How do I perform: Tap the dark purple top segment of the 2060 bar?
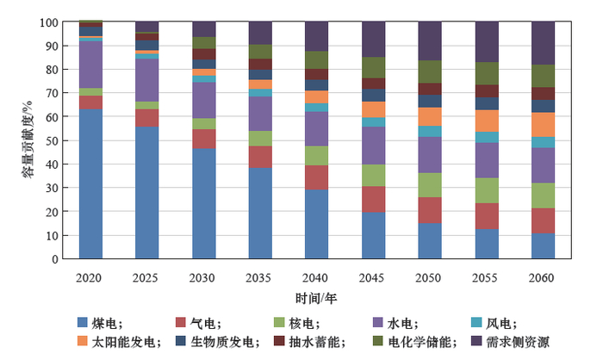tap(543, 43)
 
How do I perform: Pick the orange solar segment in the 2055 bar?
tap(487, 121)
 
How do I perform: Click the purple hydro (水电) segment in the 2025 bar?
tap(147, 79)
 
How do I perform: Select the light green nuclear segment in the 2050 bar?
tap(430, 185)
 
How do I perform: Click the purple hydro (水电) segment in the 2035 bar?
tap(260, 113)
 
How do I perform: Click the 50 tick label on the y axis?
tap(52, 140)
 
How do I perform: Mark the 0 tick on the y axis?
tap(55, 259)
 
